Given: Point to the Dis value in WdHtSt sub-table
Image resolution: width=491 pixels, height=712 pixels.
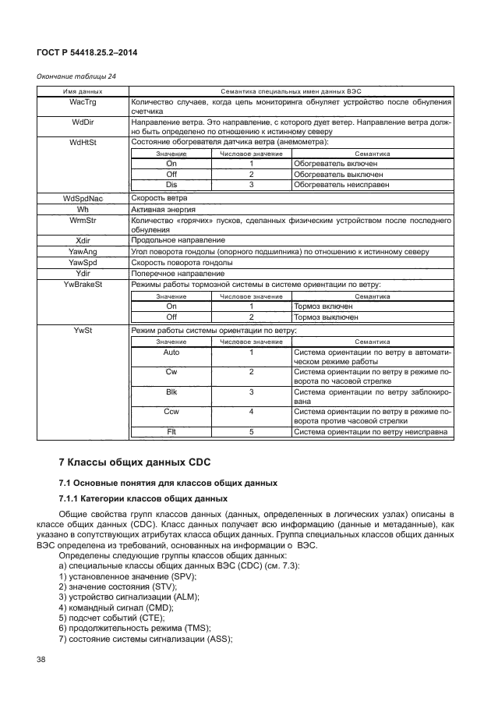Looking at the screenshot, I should [171, 185].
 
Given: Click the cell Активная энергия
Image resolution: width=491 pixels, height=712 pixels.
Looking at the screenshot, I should [164, 210].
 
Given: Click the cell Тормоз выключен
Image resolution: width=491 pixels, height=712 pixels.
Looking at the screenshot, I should [326, 317].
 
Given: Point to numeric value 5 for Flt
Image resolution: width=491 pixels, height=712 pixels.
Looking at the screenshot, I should [251, 431].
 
